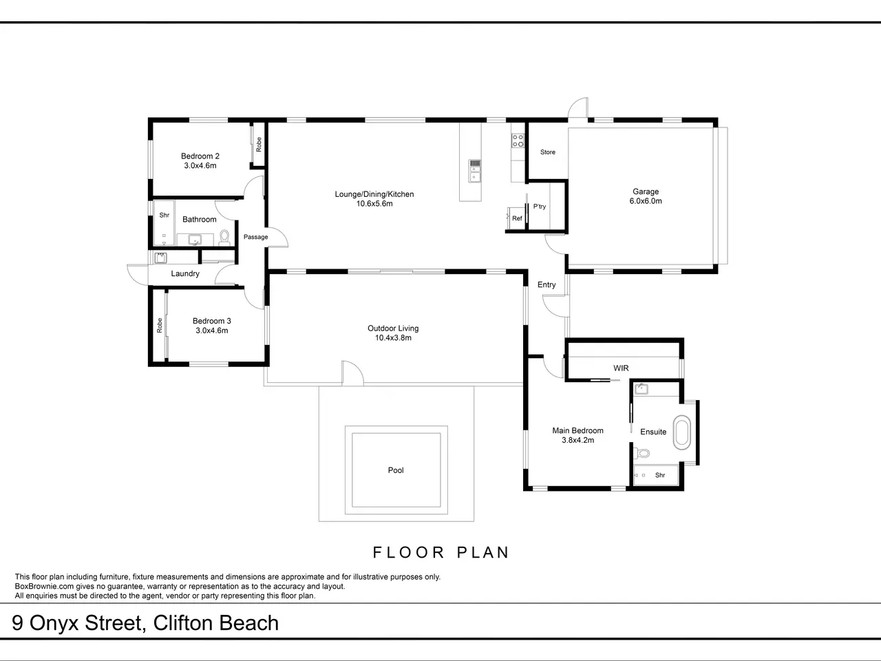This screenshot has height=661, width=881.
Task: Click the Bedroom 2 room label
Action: click(200, 156)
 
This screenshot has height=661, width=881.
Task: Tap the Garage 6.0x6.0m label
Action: click(646, 196)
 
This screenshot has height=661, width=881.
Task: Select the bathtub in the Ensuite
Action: click(682, 432)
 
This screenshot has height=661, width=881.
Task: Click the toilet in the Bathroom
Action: click(224, 238)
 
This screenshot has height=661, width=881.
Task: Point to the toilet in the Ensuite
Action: click(641, 454)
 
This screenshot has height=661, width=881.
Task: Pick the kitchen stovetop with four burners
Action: click(518, 140)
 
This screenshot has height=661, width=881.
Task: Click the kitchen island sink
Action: click(474, 171)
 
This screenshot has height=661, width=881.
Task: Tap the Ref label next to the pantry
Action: click(517, 218)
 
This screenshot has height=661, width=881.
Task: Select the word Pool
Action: click(396, 470)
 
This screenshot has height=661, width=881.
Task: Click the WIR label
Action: click(621, 368)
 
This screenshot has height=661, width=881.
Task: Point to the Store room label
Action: click(548, 152)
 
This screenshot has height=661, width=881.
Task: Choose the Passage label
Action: click(255, 237)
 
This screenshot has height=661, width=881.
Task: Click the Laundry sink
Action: click(160, 258)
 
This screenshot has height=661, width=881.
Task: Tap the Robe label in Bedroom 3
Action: click(160, 325)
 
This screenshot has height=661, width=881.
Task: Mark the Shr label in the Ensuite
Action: click(660, 475)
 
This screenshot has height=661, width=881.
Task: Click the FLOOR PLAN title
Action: click(440, 553)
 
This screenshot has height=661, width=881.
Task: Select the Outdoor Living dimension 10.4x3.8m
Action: click(393, 338)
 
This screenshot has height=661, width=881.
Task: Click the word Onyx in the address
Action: click(54, 623)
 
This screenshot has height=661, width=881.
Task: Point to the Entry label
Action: click(546, 284)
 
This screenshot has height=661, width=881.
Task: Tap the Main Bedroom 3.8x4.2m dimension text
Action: click(577, 440)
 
